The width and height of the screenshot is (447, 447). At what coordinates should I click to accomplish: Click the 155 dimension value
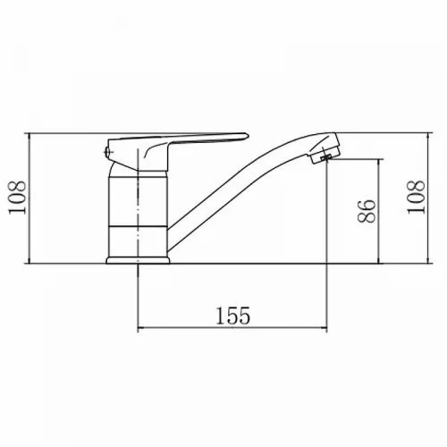pos(233,316)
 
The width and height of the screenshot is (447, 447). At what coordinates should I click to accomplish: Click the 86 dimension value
pos(367,211)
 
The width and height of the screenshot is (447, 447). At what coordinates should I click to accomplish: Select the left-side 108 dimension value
pos(17,198)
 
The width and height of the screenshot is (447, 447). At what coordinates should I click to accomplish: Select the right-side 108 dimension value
pos(416,197)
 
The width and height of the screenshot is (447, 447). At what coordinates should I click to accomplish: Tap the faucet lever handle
pos(176,146)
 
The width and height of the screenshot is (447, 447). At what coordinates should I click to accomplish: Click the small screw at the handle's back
pos(106,152)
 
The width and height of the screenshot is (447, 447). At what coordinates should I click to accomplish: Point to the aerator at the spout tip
pos(325,151)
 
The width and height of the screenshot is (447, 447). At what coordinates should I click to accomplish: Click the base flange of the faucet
pos(138,260)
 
